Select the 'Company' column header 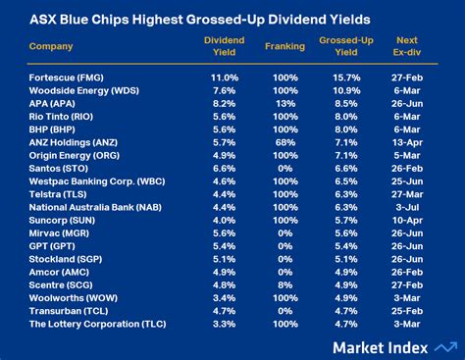[x=51, y=46]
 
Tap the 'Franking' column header [x=284, y=46]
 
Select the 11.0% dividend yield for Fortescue [x=224, y=76]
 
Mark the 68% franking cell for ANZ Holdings [x=284, y=140]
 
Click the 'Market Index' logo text [x=379, y=346]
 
